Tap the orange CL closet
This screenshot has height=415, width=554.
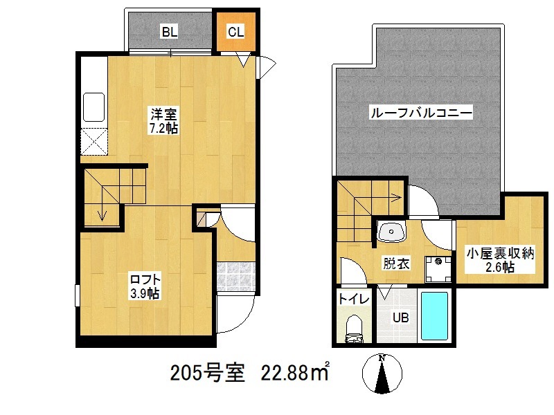pos(235,31)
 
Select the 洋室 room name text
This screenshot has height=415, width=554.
pos(163,114)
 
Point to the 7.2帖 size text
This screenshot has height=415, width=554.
pos(163,129)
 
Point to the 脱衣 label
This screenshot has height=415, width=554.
pos(396,263)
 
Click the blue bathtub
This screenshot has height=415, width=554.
pos(435,315)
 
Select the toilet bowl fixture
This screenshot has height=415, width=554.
pos(354,326)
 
